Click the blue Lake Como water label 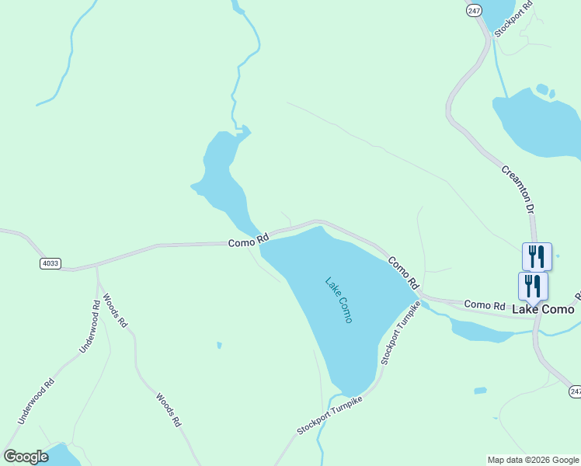click(x=339, y=300)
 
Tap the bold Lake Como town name click(x=543, y=309)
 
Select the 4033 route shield click(x=50, y=263)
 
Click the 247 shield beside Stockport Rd click(x=474, y=11)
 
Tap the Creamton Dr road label click(x=518, y=189)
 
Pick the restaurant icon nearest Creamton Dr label click(x=537, y=255)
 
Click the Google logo click(x=26, y=457)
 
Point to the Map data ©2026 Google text click(x=532, y=460)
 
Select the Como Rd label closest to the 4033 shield click(x=248, y=241)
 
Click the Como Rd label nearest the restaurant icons click(x=483, y=304)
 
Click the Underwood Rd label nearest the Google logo click(x=37, y=401)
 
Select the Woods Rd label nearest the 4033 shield click(x=113, y=310)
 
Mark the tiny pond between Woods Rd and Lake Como click(x=220, y=345)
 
